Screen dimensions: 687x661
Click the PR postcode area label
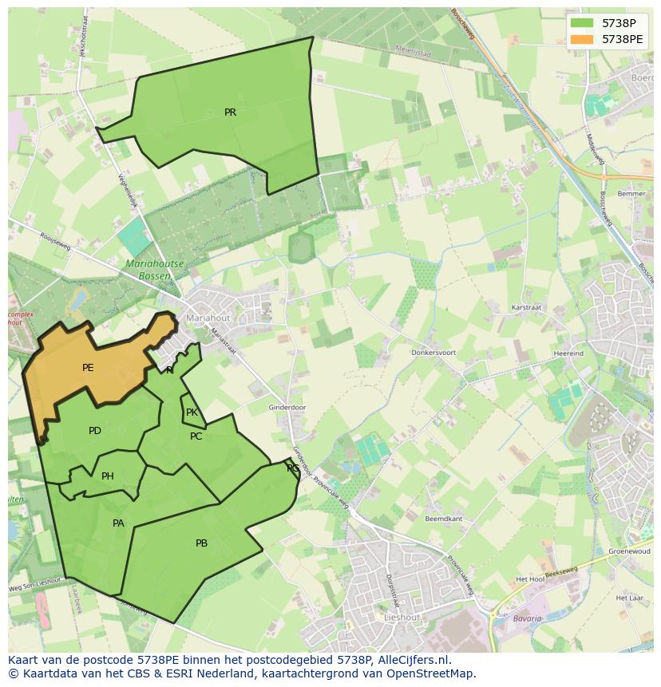(x=230, y=113)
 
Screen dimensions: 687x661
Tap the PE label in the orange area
(x=88, y=368)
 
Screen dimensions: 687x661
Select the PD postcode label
(x=95, y=431)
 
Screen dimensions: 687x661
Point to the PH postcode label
(x=108, y=476)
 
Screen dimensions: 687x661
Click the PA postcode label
(x=118, y=523)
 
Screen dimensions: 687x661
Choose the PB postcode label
(x=201, y=543)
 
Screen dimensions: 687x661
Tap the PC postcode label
(x=196, y=436)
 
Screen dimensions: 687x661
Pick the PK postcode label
(x=192, y=413)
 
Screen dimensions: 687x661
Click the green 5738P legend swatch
(x=582, y=23)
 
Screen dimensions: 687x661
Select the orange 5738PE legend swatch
(x=582, y=39)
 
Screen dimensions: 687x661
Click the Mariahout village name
(x=208, y=318)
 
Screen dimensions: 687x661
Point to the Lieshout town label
(x=402, y=618)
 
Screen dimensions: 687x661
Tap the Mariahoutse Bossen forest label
(x=155, y=269)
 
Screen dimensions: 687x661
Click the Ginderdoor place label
(x=287, y=408)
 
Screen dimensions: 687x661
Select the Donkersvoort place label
(x=433, y=352)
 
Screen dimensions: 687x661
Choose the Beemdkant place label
(x=444, y=519)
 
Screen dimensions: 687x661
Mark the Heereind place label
(x=568, y=353)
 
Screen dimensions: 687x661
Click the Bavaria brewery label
(x=527, y=618)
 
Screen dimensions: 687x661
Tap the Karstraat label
(x=527, y=307)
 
